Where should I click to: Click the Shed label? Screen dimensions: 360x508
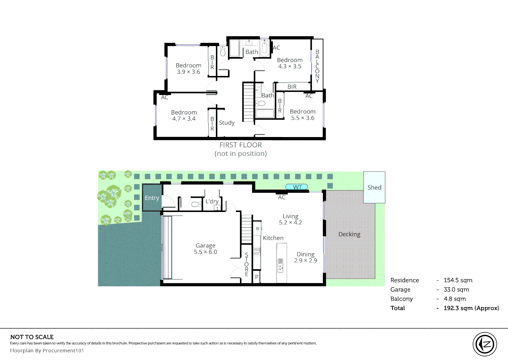tap(374, 188)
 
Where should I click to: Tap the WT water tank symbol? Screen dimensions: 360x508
tap(296, 187)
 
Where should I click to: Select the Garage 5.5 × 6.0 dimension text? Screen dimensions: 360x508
tap(206, 252)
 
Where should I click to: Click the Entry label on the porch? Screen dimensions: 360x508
tap(152, 198)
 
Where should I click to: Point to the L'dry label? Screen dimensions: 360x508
tap(212, 201)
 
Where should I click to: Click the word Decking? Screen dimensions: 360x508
tap(349, 234)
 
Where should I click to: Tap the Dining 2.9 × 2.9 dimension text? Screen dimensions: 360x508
tap(305, 261)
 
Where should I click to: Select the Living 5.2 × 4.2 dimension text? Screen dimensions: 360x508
tap(290, 223)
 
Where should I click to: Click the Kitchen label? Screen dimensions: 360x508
tap(273, 238)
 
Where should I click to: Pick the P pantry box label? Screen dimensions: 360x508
tap(256, 277)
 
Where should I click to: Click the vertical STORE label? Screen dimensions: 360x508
tap(247, 264)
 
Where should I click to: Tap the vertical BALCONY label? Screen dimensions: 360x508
tap(317, 66)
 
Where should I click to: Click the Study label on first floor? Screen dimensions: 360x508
tap(227, 123)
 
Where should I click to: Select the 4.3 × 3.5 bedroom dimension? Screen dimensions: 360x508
tap(290, 66)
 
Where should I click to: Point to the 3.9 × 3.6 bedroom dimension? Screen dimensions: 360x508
tap(189, 72)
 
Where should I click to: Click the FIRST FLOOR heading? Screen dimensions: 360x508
tap(241, 145)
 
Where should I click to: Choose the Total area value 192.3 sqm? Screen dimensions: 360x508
tap(471, 308)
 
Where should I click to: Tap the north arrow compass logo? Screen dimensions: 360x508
tap(485, 344)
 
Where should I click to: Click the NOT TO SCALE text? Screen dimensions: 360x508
tap(32, 337)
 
